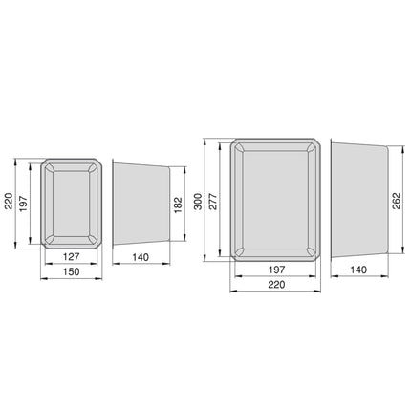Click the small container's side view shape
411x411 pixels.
tap(141, 203)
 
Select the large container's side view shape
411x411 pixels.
tap(358, 200)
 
